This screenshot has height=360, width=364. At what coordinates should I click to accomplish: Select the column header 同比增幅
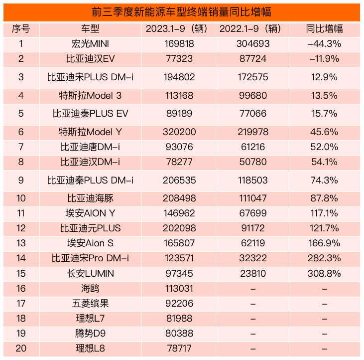(x=324, y=29)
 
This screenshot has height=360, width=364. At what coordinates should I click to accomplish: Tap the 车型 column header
(x=90, y=29)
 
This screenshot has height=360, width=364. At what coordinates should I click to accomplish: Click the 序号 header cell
(x=21, y=29)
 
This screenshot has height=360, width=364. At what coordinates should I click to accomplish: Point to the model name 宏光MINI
(x=90, y=44)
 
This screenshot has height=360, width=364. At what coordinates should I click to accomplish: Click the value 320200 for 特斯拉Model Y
(x=179, y=132)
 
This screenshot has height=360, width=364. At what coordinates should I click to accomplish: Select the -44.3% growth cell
(x=324, y=44)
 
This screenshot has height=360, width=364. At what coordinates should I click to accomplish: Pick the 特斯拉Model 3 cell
(x=90, y=95)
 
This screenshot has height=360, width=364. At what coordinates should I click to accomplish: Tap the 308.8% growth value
(x=324, y=273)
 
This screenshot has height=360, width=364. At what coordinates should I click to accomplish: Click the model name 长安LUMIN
(x=90, y=273)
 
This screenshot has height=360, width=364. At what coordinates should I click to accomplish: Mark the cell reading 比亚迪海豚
(x=90, y=198)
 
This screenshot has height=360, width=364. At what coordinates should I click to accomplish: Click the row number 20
(x=21, y=348)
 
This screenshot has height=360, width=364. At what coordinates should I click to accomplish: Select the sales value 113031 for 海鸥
(x=179, y=288)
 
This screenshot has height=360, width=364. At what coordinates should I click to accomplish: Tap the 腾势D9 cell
(x=90, y=333)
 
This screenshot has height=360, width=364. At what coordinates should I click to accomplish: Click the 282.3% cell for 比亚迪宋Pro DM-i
(x=324, y=258)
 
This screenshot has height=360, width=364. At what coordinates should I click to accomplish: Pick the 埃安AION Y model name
(x=90, y=213)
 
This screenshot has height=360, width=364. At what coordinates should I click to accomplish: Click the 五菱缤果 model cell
(x=90, y=303)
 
